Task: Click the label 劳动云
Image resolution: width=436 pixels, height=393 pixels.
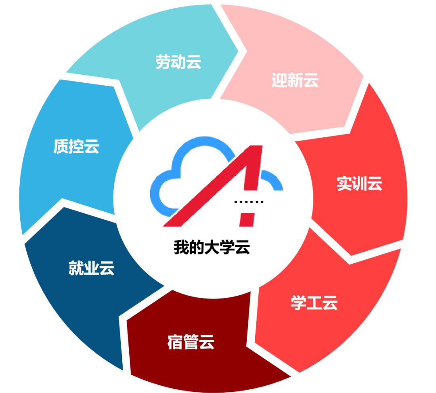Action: pos(178,62)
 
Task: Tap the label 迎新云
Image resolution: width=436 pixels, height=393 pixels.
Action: pos(295,80)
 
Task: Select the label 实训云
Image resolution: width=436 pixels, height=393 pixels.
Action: pos(359,184)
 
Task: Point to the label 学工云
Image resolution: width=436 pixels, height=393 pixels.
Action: pos(314,303)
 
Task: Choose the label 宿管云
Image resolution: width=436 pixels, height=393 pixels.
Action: pos(191,342)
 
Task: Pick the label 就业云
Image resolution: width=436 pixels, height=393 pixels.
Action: pos(92,268)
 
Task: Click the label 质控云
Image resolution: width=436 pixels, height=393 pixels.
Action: pos(76,146)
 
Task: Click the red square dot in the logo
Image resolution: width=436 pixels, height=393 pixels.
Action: pos(247,218)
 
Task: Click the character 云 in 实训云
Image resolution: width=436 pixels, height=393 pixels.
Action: pos(375,184)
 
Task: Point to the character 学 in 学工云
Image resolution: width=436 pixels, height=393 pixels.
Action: pos(298,303)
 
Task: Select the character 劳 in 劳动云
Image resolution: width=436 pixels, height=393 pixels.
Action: pos(163,62)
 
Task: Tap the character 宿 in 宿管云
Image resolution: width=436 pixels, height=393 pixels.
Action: pos(175,342)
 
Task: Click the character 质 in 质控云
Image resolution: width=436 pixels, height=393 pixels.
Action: pos(61,146)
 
